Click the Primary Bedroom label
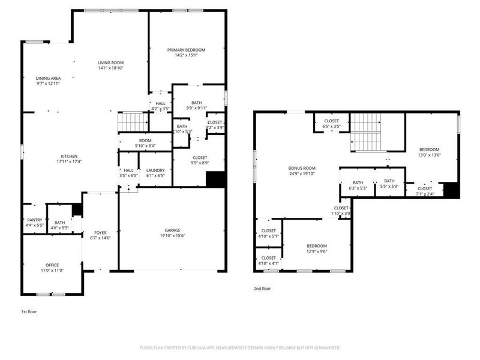186,50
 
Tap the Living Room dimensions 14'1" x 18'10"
111,68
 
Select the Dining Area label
47,78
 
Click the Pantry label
34,220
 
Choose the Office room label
52,265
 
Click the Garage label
173,230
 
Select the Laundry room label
155,170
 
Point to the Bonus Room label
301,168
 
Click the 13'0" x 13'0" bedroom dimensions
429,155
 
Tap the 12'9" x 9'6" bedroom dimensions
317,252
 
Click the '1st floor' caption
29,313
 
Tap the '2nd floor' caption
262,289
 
